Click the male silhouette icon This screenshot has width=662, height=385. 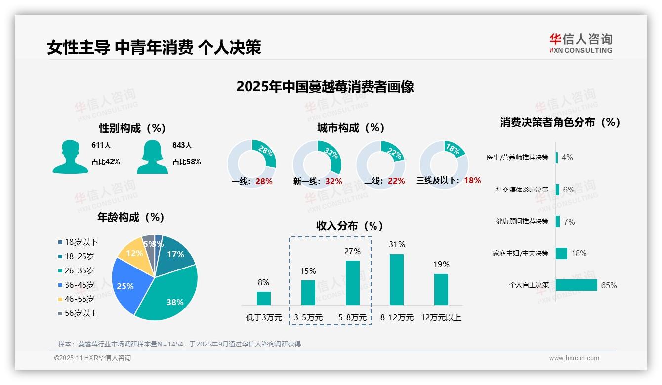[70, 157]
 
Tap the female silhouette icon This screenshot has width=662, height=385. [152, 157]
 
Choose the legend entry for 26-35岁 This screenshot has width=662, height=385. [79, 270]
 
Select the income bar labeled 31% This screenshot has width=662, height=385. [397, 279]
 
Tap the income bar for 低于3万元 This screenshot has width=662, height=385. [263, 298]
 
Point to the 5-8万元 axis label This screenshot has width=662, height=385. [353, 318]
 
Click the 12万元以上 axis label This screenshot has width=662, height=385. [441, 318]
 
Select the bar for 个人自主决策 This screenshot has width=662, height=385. [576, 285]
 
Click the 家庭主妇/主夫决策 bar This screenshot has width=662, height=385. [561, 253]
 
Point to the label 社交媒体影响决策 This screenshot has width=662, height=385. [522, 190]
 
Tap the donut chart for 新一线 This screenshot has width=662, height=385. [317, 164]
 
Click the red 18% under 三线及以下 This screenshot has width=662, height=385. [472, 180]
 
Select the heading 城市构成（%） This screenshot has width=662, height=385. [351, 128]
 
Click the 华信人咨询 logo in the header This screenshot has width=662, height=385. [580, 43]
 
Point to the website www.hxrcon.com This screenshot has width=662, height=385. [574, 358]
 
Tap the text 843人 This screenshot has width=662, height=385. [182, 145]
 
